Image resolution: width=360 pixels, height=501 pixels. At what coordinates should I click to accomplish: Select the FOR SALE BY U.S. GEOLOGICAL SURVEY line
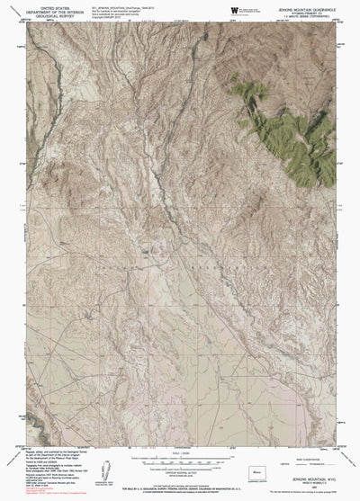click(180, 489)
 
